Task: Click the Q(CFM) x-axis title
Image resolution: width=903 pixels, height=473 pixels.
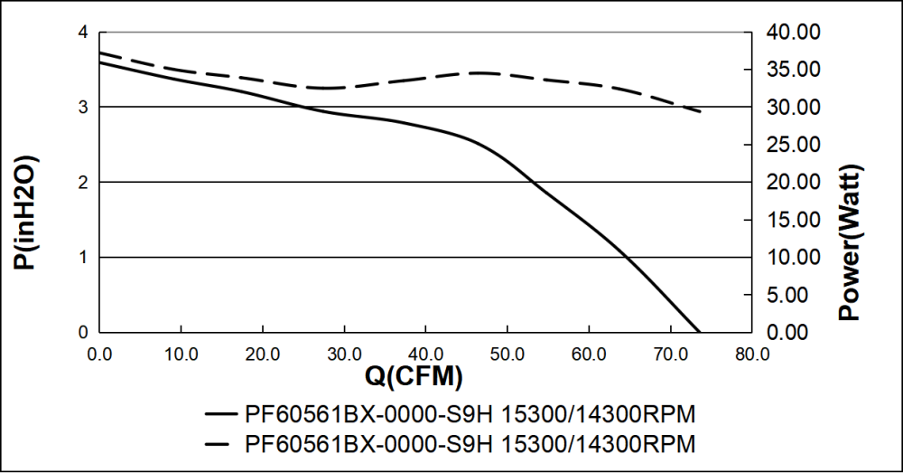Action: [414, 374]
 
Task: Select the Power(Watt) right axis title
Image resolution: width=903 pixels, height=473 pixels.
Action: [851, 242]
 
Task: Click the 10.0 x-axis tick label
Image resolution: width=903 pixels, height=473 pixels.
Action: [181, 352]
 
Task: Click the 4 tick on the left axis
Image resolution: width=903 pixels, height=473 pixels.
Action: [82, 33]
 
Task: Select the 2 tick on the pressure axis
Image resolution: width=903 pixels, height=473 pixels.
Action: [82, 183]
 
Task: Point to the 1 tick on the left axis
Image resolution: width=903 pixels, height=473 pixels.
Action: [82, 258]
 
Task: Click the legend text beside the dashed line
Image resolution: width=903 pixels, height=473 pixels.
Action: [470, 444]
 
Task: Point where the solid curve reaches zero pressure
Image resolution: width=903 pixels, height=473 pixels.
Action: [699, 332]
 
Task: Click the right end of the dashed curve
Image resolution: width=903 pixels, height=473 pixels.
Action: [701, 111]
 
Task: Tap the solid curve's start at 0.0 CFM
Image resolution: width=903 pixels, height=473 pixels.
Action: [100, 61]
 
